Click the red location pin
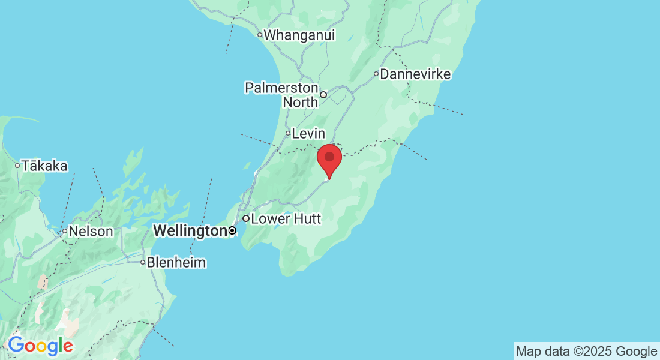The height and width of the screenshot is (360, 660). point(329,159)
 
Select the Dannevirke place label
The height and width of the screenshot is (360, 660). point(415,74)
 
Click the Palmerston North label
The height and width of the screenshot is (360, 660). point(281,95)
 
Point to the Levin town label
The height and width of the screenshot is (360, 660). point(308,134)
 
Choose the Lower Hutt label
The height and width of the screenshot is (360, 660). point(286,218)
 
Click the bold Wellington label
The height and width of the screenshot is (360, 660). point(190,230)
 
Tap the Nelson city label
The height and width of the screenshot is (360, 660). point(91,231)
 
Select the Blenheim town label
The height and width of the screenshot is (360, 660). point(176,262)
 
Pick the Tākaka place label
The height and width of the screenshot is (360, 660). point(45,166)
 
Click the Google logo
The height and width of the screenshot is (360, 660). point(40,346)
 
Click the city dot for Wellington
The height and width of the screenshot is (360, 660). point(233,230)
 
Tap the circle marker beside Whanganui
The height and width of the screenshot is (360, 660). point(260,35)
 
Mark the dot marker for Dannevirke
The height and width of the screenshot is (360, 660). point(376,74)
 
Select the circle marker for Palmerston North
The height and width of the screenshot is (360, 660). point(323,94)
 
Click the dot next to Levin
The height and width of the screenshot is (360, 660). point(288,133)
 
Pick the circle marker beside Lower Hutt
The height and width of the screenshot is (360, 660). point(246,218)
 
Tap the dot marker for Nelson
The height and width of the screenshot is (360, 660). point(65,231)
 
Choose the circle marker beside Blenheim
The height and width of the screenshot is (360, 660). point(143,262)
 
